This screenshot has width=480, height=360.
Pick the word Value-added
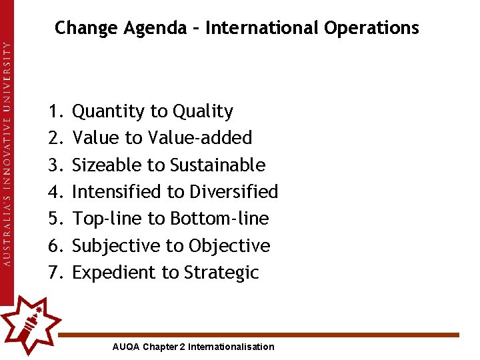click(200, 138)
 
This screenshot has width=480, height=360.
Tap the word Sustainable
click(218, 165)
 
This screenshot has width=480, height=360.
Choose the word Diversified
click(233, 192)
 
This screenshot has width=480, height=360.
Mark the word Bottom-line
click(219, 219)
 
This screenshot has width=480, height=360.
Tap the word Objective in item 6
click(229, 246)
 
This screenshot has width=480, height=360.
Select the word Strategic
click(221, 273)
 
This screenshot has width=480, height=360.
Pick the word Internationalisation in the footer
click(231, 347)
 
